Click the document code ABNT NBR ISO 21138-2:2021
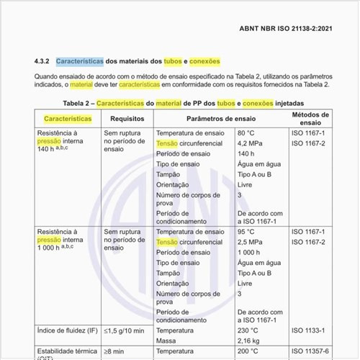[284, 28]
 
